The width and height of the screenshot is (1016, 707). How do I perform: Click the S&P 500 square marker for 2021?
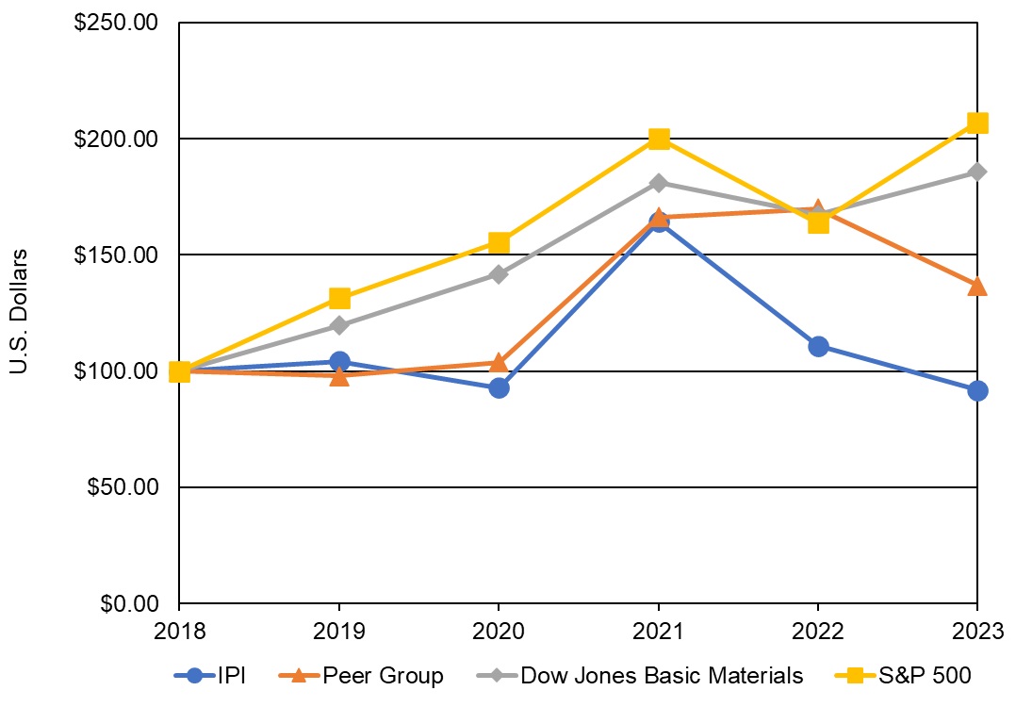click(x=659, y=140)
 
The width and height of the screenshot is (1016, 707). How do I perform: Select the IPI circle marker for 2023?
click(x=977, y=390)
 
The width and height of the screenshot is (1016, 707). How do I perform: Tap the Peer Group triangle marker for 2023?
click(x=977, y=286)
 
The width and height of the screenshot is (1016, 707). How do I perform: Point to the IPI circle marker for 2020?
click(x=499, y=387)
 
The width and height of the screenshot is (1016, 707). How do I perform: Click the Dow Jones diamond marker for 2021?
click(x=659, y=183)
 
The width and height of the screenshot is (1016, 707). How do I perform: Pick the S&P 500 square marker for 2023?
click(x=977, y=123)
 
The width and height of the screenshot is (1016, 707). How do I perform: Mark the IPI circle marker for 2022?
click(x=818, y=346)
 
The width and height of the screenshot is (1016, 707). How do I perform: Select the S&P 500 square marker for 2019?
click(x=339, y=299)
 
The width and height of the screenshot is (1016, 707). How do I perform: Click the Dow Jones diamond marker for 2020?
click(x=499, y=274)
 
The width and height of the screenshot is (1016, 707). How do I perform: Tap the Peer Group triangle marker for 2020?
click(x=499, y=362)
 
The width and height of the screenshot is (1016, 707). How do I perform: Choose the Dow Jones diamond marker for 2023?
click(x=977, y=172)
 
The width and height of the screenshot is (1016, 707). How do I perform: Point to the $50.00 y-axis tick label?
click(x=122, y=487)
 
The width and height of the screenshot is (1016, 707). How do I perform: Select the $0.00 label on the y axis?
click(x=127, y=603)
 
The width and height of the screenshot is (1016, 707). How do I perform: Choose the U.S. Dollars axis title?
click(x=19, y=311)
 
